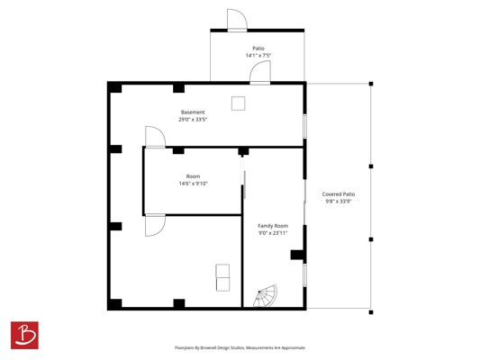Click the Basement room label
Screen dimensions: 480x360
(193, 112)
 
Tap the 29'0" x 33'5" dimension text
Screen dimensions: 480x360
(193, 120)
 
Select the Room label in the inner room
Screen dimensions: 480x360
(193, 176)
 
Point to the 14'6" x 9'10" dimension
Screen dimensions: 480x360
(193, 184)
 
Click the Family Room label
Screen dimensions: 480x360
(273, 226)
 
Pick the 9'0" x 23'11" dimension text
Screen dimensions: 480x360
(273, 233)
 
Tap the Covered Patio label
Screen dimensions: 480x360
(339, 194)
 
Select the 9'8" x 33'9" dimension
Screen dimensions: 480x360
(339, 202)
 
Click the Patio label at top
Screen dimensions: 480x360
(258, 49)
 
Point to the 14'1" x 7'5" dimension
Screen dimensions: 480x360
(258, 56)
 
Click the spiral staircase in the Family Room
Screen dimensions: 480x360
(266, 296)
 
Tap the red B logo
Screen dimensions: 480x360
(24, 335)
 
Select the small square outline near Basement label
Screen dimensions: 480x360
(238, 103)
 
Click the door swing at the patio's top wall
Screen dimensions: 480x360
(237, 20)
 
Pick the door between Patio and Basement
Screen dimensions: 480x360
(260, 72)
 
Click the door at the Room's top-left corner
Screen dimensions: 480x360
(155, 137)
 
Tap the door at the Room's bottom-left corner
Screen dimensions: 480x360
(155, 225)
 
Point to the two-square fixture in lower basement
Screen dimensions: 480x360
(222, 278)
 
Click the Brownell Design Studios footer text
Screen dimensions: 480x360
(240, 347)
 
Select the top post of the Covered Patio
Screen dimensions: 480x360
(371, 84)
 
